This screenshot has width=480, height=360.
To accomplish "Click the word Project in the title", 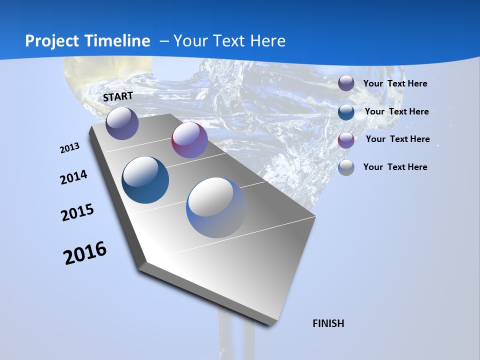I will (x=53, y=41).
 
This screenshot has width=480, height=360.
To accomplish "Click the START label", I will (x=118, y=96).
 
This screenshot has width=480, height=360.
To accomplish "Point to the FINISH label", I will (x=328, y=323).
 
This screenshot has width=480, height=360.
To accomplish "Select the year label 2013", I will (x=69, y=148).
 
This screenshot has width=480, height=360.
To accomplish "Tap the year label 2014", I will (x=73, y=177).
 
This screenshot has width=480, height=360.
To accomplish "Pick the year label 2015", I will (x=77, y=213).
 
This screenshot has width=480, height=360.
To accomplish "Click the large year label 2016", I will (x=85, y=253).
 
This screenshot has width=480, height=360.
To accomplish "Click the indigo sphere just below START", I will (x=122, y=123).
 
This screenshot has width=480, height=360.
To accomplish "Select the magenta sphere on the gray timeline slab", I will (x=189, y=140).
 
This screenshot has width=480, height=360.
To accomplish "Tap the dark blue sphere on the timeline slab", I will (x=145, y=180).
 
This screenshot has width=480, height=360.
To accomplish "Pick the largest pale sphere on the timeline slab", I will (x=216, y=207).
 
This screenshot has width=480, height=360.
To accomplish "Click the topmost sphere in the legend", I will (x=346, y=83).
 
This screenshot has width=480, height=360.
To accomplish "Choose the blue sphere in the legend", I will (x=346, y=111).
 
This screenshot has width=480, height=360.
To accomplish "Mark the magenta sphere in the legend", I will (x=346, y=139).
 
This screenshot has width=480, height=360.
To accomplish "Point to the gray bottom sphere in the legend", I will (x=346, y=167).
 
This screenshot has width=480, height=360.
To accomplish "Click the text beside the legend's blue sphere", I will (x=396, y=111).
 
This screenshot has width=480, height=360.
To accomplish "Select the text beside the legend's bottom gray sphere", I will (x=395, y=167).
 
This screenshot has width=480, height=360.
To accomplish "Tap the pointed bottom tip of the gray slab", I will (x=270, y=324).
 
